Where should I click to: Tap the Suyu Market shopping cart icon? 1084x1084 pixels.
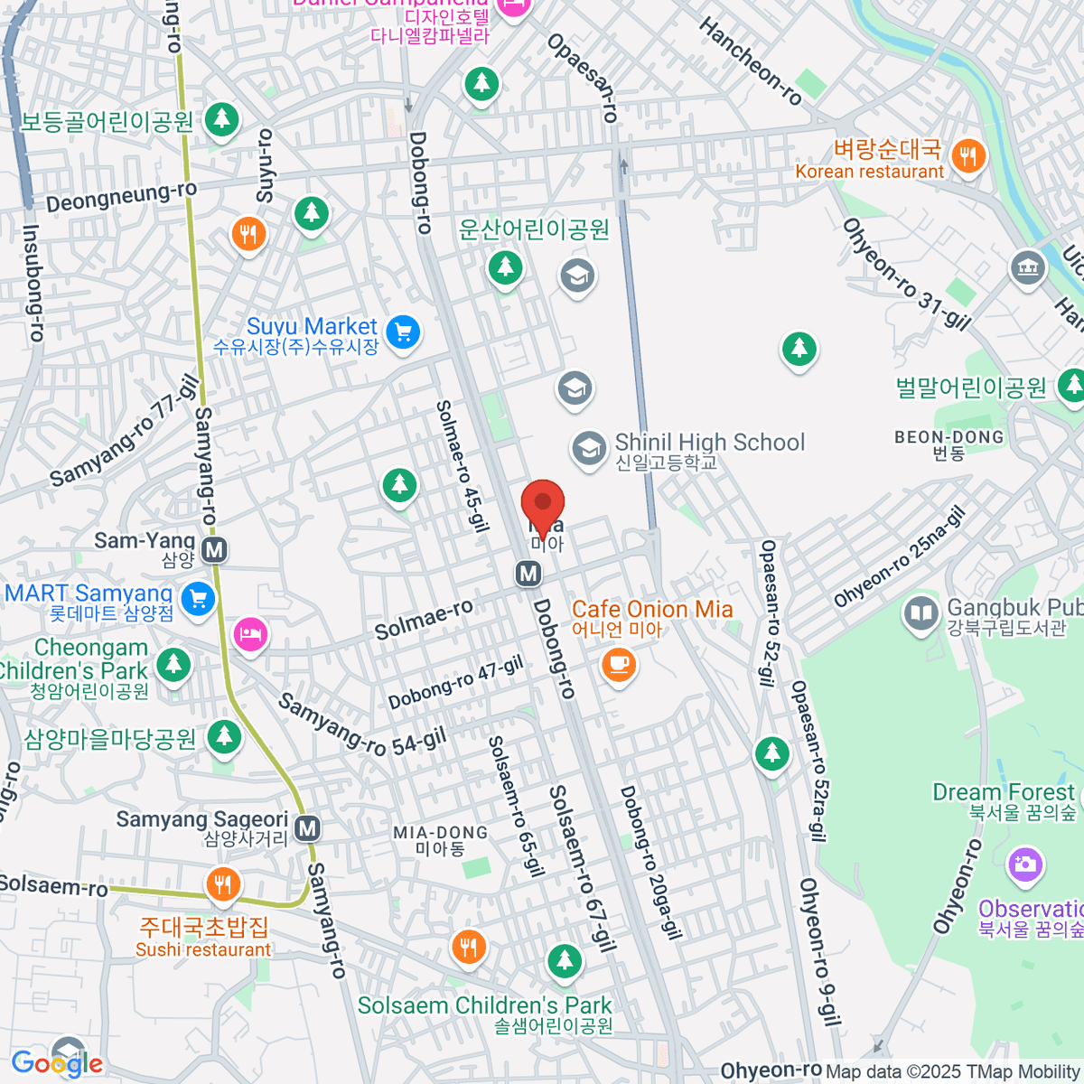click(403, 332)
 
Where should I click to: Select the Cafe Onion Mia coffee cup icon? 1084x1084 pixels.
click(618, 665)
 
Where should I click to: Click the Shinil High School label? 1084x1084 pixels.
click(709, 443)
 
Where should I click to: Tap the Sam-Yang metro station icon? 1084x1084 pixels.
click(214, 549)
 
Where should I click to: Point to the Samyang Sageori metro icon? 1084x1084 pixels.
click(307, 827)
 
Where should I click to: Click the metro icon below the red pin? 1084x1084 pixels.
click(528, 573)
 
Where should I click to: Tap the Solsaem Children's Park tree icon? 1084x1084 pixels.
click(565, 960)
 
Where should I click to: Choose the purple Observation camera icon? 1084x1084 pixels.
click(1024, 864)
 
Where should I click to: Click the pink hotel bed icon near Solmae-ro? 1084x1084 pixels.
click(251, 633)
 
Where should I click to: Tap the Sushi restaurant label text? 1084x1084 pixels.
click(203, 949)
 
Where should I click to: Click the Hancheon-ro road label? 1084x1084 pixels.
click(750, 61)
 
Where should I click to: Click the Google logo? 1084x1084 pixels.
click(56, 1063)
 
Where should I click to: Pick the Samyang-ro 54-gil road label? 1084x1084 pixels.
click(361, 724)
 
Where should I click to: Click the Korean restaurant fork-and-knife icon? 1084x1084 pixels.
click(967, 154)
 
